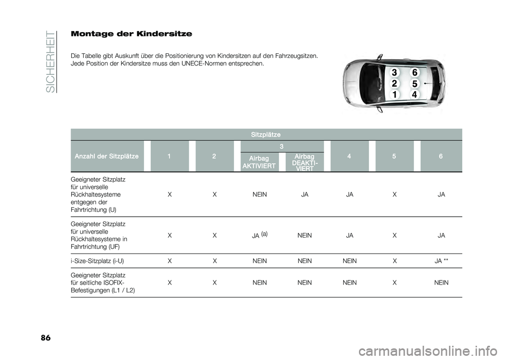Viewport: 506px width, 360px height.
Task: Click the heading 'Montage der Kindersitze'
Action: tap(131, 34)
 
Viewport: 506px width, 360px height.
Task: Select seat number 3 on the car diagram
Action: tap(393, 72)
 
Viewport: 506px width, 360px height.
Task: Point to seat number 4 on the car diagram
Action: tap(415, 95)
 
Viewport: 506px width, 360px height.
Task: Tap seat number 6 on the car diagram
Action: tap(415, 72)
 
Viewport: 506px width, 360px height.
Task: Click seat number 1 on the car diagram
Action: tap(394, 95)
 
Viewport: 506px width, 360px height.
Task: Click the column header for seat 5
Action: tap(393, 156)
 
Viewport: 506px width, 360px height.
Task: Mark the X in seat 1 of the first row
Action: tap(168, 194)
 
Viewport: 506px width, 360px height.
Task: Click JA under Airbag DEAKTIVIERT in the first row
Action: tap(304, 194)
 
